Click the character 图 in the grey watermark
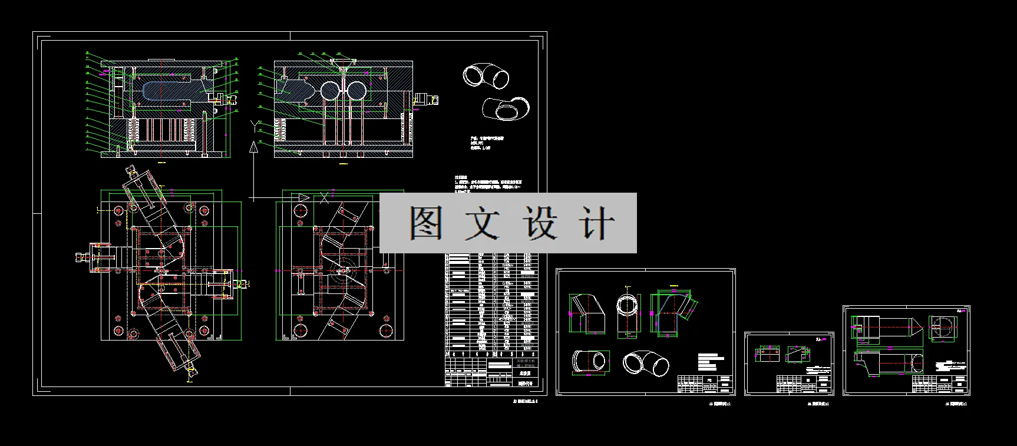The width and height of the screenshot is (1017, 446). [426, 223]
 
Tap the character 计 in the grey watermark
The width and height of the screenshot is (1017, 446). [597, 223]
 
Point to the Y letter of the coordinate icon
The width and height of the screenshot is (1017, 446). [254, 125]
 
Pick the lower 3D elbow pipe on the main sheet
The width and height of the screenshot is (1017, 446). [506, 109]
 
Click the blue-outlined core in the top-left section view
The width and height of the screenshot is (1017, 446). [171, 92]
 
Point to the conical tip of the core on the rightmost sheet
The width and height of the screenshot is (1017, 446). [915, 328]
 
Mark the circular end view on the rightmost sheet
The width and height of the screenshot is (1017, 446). [944, 328]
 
